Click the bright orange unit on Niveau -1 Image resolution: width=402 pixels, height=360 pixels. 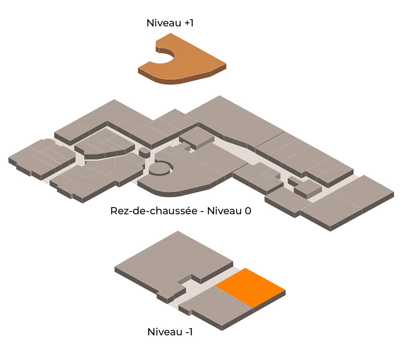(250, 288)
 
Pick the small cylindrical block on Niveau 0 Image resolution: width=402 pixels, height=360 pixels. (144, 153)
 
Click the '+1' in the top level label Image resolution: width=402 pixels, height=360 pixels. (189, 23)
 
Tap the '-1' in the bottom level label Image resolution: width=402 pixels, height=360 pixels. (189, 332)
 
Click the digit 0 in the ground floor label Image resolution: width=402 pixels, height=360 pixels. (248, 211)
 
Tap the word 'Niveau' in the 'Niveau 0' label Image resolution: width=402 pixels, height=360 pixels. (225, 211)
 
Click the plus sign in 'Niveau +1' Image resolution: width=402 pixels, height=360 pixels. (187, 23)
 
